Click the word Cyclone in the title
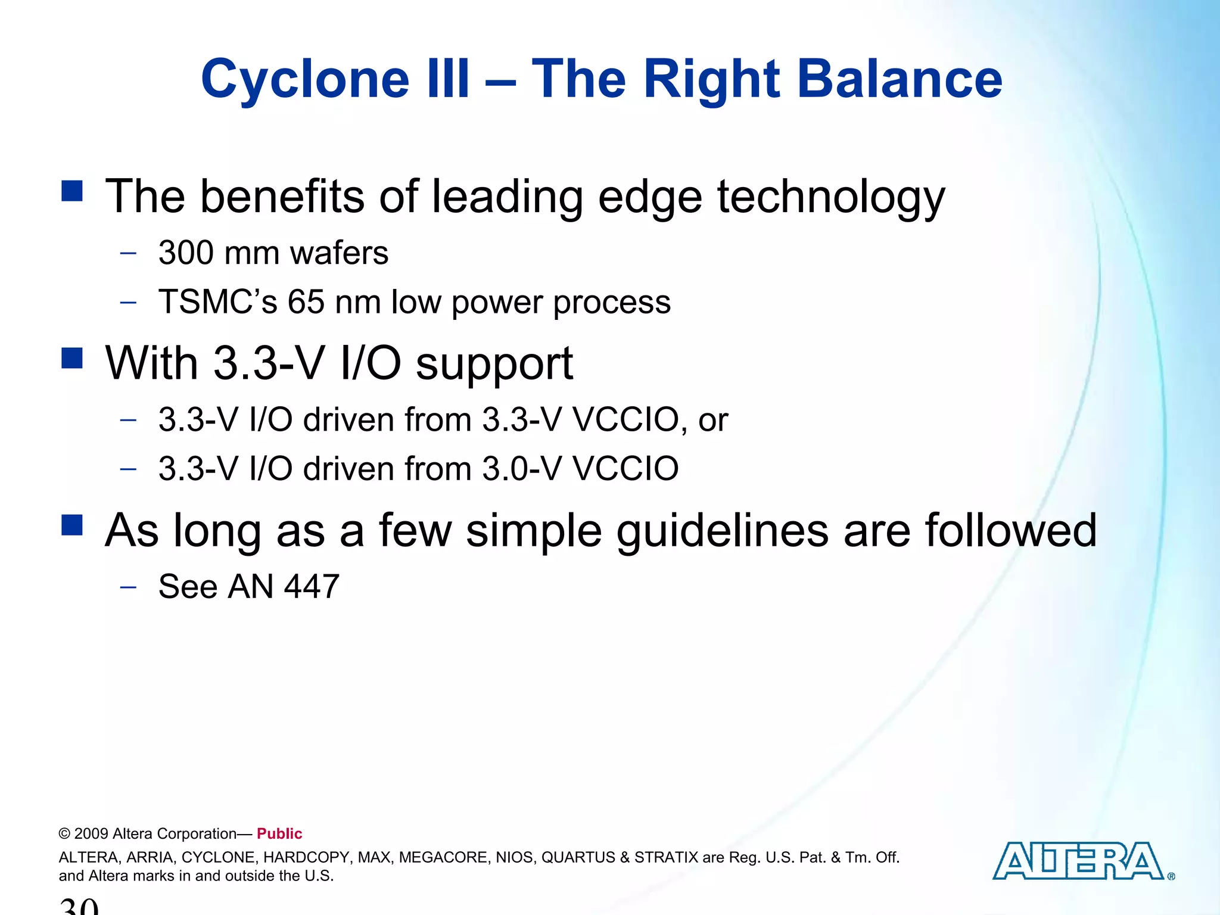pyautogui.click(x=305, y=79)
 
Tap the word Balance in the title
pyautogui.click(x=900, y=79)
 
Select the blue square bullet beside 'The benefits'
pyautogui.click(x=72, y=191)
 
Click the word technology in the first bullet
pyautogui.click(x=831, y=197)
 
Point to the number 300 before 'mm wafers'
pyautogui.click(x=186, y=253)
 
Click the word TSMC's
pyautogui.click(x=217, y=301)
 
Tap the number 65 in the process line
pyautogui.click(x=306, y=301)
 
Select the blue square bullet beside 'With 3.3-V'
pyautogui.click(x=72, y=358)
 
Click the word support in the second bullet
pyautogui.click(x=494, y=364)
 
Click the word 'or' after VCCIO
pyautogui.click(x=713, y=420)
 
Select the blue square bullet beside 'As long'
pyautogui.click(x=72, y=525)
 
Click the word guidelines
pyautogui.click(x=722, y=531)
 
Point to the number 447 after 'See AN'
pyautogui.click(x=312, y=586)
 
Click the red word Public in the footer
pyautogui.click(x=279, y=833)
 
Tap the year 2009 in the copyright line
pyautogui.click(x=91, y=833)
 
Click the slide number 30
pyautogui.click(x=79, y=905)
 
